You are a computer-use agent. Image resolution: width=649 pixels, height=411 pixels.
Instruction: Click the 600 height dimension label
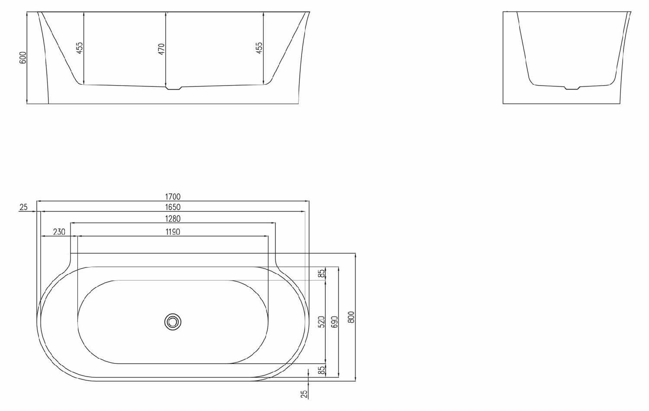23,57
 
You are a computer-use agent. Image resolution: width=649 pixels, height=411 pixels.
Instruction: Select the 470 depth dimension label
161,48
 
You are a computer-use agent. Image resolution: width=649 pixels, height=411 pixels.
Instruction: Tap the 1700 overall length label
173,197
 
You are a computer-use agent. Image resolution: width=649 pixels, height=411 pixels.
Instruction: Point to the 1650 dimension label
173,207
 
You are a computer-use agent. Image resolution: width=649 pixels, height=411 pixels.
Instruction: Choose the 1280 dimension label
173,219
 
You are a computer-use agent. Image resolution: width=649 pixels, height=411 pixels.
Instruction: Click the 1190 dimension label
173,232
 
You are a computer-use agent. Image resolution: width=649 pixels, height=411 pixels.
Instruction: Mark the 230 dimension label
59,232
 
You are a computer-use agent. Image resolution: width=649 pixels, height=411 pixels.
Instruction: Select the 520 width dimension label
321,322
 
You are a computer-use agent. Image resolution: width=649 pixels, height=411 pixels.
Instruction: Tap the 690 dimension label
334,322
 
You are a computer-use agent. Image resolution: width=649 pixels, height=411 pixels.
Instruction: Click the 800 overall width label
351,317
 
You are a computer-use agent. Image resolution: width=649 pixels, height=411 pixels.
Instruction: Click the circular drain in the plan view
173,322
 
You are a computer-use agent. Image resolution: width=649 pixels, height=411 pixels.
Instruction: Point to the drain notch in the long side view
174,89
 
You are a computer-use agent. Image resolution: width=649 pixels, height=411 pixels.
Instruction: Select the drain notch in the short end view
572,88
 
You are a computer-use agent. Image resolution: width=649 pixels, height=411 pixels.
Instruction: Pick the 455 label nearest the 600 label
79,48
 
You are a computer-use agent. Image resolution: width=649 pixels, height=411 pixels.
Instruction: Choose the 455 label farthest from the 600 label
259,48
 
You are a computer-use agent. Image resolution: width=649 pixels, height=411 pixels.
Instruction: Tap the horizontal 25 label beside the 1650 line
23,207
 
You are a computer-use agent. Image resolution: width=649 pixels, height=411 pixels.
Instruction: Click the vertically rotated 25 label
304,393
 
